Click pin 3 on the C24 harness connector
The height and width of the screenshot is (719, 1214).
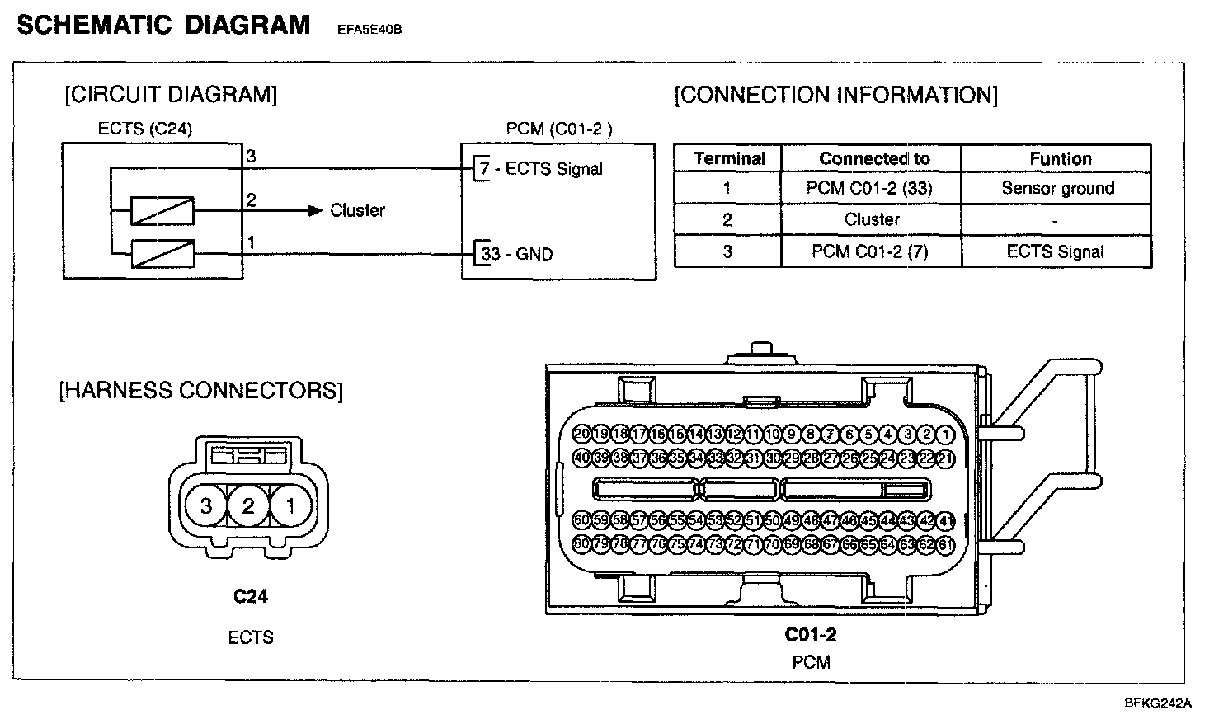tap(206, 505)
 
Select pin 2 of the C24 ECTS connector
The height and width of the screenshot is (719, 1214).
tap(248, 505)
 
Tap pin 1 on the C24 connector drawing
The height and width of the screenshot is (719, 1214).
tap(290, 505)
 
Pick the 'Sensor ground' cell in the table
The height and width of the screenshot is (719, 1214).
tap(1057, 188)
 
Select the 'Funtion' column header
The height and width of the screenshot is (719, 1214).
tap(1060, 158)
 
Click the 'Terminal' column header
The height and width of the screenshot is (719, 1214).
tap(729, 158)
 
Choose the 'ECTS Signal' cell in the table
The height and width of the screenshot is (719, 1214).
tap(1055, 251)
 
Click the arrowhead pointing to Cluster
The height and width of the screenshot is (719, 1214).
tap(315, 210)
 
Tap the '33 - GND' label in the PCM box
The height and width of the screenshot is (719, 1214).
tap(516, 254)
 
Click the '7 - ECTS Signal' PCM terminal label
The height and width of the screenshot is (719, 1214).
tap(541, 169)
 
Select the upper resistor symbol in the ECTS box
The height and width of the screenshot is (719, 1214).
tap(162, 211)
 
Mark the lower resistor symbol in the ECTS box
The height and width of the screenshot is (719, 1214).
tap(162, 253)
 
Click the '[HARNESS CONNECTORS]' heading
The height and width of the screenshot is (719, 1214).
tap(200, 389)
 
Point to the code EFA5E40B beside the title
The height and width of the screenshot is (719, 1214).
tap(369, 31)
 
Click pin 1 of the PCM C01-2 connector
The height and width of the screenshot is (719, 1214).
tap(945, 435)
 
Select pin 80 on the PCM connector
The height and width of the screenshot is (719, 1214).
tap(582, 544)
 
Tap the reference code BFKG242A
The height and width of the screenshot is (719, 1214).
tap(1158, 703)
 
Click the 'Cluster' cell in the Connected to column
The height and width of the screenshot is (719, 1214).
tap(872, 219)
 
